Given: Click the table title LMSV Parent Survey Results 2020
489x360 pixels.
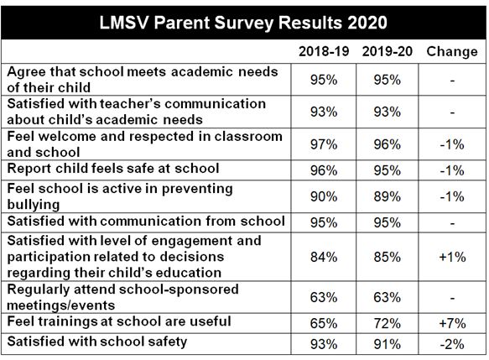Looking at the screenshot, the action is tap(243, 23).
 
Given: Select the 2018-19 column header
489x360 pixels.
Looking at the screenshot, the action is tap(324, 51).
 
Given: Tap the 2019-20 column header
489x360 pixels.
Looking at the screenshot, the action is tap(387, 51).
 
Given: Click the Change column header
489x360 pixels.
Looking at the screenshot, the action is tap(452, 52).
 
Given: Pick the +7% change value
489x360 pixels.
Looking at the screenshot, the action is tap(452, 323).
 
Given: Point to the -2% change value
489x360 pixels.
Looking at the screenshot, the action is tap(452, 344).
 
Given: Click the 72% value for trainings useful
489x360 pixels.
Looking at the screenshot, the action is tap(387, 323).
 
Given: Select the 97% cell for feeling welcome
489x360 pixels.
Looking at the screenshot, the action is tap(324, 144).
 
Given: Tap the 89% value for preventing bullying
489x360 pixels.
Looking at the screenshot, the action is tap(387, 196).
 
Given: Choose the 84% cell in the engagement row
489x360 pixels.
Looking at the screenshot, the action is tap(324, 257).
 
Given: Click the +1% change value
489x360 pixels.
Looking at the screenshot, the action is tap(452, 257).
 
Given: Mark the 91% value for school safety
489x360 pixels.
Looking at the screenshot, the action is tap(387, 344).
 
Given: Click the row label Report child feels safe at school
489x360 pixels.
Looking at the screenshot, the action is tap(113, 169).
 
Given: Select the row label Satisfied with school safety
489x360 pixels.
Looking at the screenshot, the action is tap(97, 342).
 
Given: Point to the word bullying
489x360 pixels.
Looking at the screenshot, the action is tap(33, 205).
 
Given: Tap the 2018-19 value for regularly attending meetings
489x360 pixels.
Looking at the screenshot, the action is tap(324, 297).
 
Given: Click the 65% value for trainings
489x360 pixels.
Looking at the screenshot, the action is tap(324, 323).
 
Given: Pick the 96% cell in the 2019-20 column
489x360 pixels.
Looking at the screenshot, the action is tap(387, 144).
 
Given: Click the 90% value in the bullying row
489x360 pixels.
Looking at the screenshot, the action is tap(324, 196).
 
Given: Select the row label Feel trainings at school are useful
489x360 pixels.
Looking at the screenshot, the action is tap(119, 321).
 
